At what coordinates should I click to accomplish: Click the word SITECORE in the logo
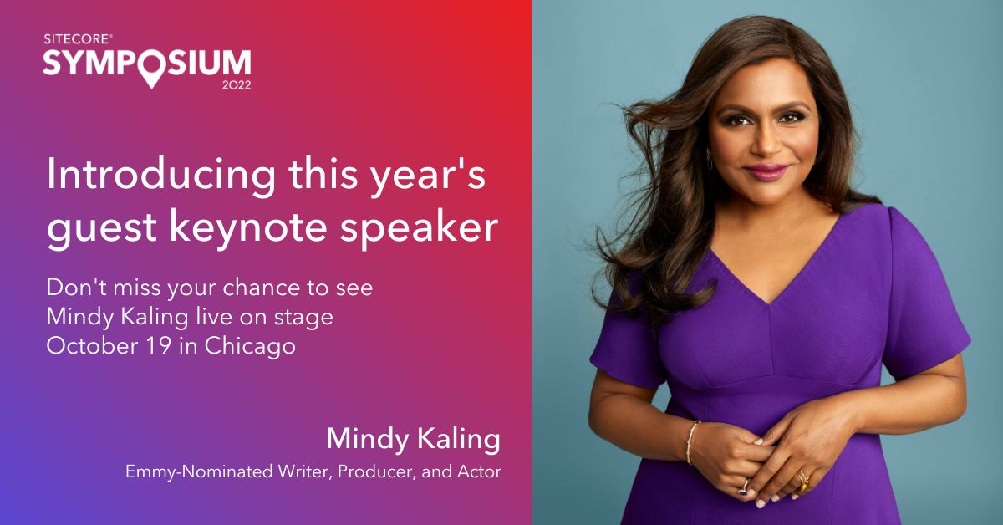click(x=77, y=39)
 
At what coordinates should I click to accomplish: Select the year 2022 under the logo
click(x=237, y=84)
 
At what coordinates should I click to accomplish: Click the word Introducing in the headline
click(x=160, y=174)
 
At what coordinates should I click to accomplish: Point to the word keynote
click(x=248, y=227)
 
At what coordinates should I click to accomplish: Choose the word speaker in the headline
click(x=419, y=227)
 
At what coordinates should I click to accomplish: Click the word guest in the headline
click(x=102, y=228)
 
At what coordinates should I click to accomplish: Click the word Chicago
click(x=250, y=347)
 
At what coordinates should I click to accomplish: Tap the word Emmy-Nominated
click(x=199, y=471)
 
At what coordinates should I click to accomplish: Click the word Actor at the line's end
click(x=479, y=471)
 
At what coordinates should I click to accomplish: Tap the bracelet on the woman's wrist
click(x=692, y=441)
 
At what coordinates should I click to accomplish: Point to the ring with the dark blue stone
click(x=744, y=487)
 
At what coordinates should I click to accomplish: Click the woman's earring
click(x=710, y=159)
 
